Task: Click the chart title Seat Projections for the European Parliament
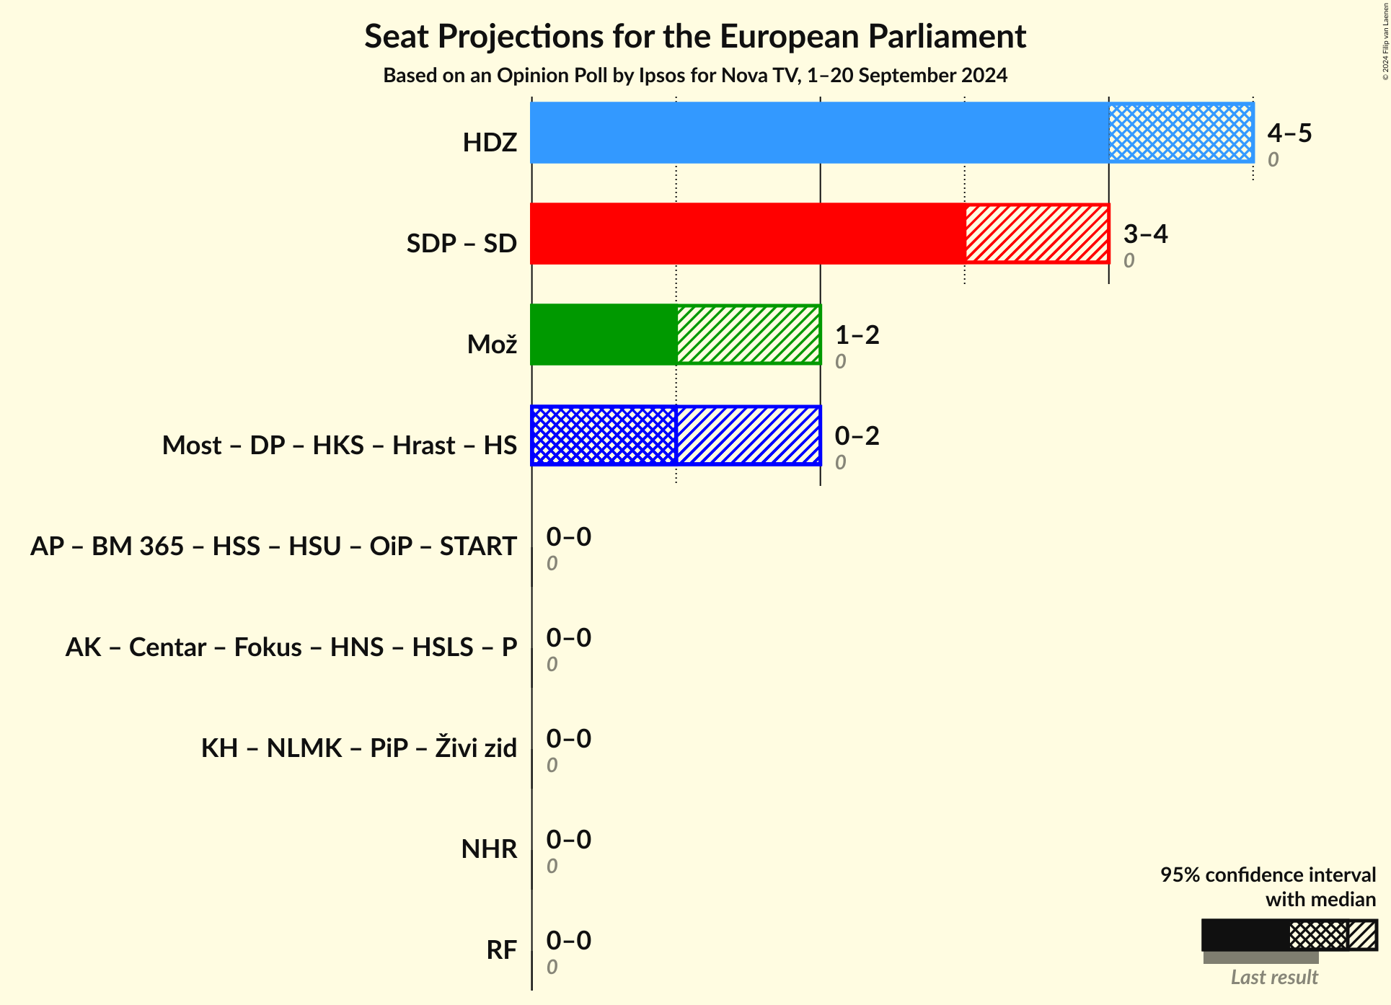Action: coord(694,36)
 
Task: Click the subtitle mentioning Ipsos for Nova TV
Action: coord(694,76)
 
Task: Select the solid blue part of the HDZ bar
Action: coord(819,133)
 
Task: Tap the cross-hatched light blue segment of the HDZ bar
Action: coord(1180,133)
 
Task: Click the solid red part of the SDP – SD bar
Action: coord(747,234)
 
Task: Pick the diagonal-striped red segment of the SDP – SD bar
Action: coord(1036,234)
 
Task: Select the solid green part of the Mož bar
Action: coord(604,335)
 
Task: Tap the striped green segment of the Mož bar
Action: coord(748,335)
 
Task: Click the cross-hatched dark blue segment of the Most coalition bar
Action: coord(604,435)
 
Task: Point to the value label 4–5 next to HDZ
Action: coord(1289,133)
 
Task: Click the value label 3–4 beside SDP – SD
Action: coord(1145,234)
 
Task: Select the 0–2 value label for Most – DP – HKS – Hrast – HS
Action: coord(857,435)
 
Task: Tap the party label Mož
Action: coord(492,345)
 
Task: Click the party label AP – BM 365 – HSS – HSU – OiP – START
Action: coord(273,546)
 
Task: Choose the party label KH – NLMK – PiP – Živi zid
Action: coord(358,748)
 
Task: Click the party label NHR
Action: coord(489,849)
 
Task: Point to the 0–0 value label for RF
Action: coord(568,940)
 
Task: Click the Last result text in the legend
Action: coord(1273,977)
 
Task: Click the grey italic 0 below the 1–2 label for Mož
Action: coord(840,361)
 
